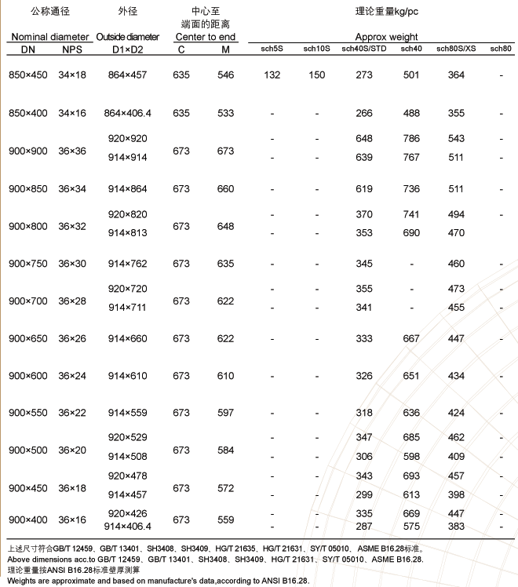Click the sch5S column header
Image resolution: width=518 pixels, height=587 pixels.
tap(272, 49)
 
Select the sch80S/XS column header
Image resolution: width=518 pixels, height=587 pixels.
tap(456, 49)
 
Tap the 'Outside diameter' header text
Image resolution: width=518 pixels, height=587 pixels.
tap(127, 38)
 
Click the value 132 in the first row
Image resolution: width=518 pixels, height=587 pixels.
tap(272, 75)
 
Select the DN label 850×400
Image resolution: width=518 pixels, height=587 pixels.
tap(27, 113)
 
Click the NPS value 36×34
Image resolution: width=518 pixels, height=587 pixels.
tap(72, 188)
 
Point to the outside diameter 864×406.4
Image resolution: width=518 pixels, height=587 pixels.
tap(127, 113)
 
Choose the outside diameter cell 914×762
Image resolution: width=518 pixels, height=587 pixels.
tap(127, 264)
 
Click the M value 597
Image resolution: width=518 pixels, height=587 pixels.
tap(225, 413)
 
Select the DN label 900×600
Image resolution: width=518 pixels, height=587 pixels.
tap(27, 376)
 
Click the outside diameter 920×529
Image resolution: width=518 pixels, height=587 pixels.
tap(127, 436)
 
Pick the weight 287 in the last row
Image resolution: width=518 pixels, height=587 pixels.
tap(364, 526)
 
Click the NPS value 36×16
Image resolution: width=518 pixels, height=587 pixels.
tap(72, 520)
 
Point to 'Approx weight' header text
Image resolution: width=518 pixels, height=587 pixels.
tap(386, 37)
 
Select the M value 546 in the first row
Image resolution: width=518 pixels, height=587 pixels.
tap(225, 75)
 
